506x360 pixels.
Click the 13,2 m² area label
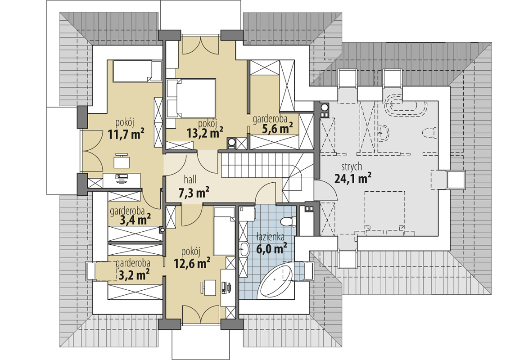(205, 133)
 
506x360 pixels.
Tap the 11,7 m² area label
(126, 133)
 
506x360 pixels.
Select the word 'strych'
(352, 167)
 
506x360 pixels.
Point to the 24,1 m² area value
(353, 178)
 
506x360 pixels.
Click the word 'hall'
(190, 179)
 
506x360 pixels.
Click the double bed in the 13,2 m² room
(191, 98)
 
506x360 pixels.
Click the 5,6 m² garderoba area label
(277, 129)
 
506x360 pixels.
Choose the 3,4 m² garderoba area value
(135, 220)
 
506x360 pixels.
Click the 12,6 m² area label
(192, 263)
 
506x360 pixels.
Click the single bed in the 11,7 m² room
(137, 71)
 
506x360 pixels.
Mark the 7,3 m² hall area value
(194, 193)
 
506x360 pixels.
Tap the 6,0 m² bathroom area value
(272, 249)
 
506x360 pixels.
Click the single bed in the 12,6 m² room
(225, 231)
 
